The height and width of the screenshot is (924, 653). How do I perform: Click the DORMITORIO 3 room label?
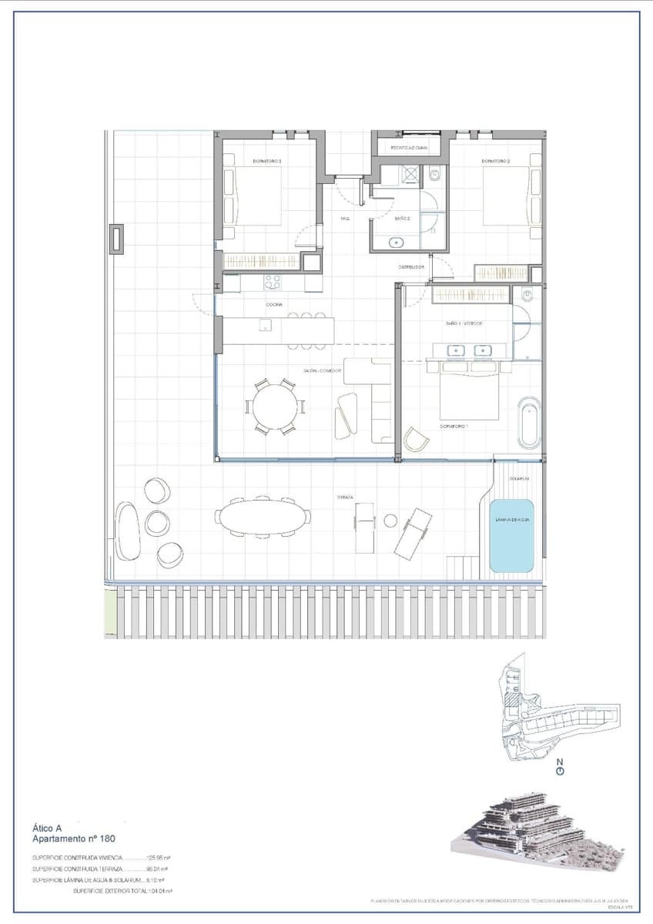click(x=268, y=161)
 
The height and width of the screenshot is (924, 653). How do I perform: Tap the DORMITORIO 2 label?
click(x=496, y=161)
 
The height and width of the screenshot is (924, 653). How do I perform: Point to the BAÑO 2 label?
click(x=402, y=219)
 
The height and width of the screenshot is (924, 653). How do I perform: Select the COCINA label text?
click(x=274, y=305)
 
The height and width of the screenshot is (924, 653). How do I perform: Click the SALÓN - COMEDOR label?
click(x=322, y=370)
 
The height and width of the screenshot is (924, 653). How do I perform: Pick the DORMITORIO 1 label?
click(x=454, y=425)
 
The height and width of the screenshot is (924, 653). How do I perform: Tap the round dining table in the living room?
click(x=275, y=407)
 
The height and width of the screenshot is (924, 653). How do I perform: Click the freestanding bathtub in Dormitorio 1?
click(x=529, y=422)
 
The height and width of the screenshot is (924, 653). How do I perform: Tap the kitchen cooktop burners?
click(x=273, y=282)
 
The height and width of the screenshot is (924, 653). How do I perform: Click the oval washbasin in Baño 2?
click(x=397, y=243)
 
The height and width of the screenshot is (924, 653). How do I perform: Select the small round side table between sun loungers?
click(x=390, y=521)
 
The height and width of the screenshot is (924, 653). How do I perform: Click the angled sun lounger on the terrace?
click(x=414, y=532)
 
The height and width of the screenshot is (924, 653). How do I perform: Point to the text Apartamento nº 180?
click(x=73, y=839)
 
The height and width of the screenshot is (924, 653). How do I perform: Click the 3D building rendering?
click(x=539, y=832)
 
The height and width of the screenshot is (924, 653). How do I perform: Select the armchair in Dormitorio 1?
click(x=417, y=439)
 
